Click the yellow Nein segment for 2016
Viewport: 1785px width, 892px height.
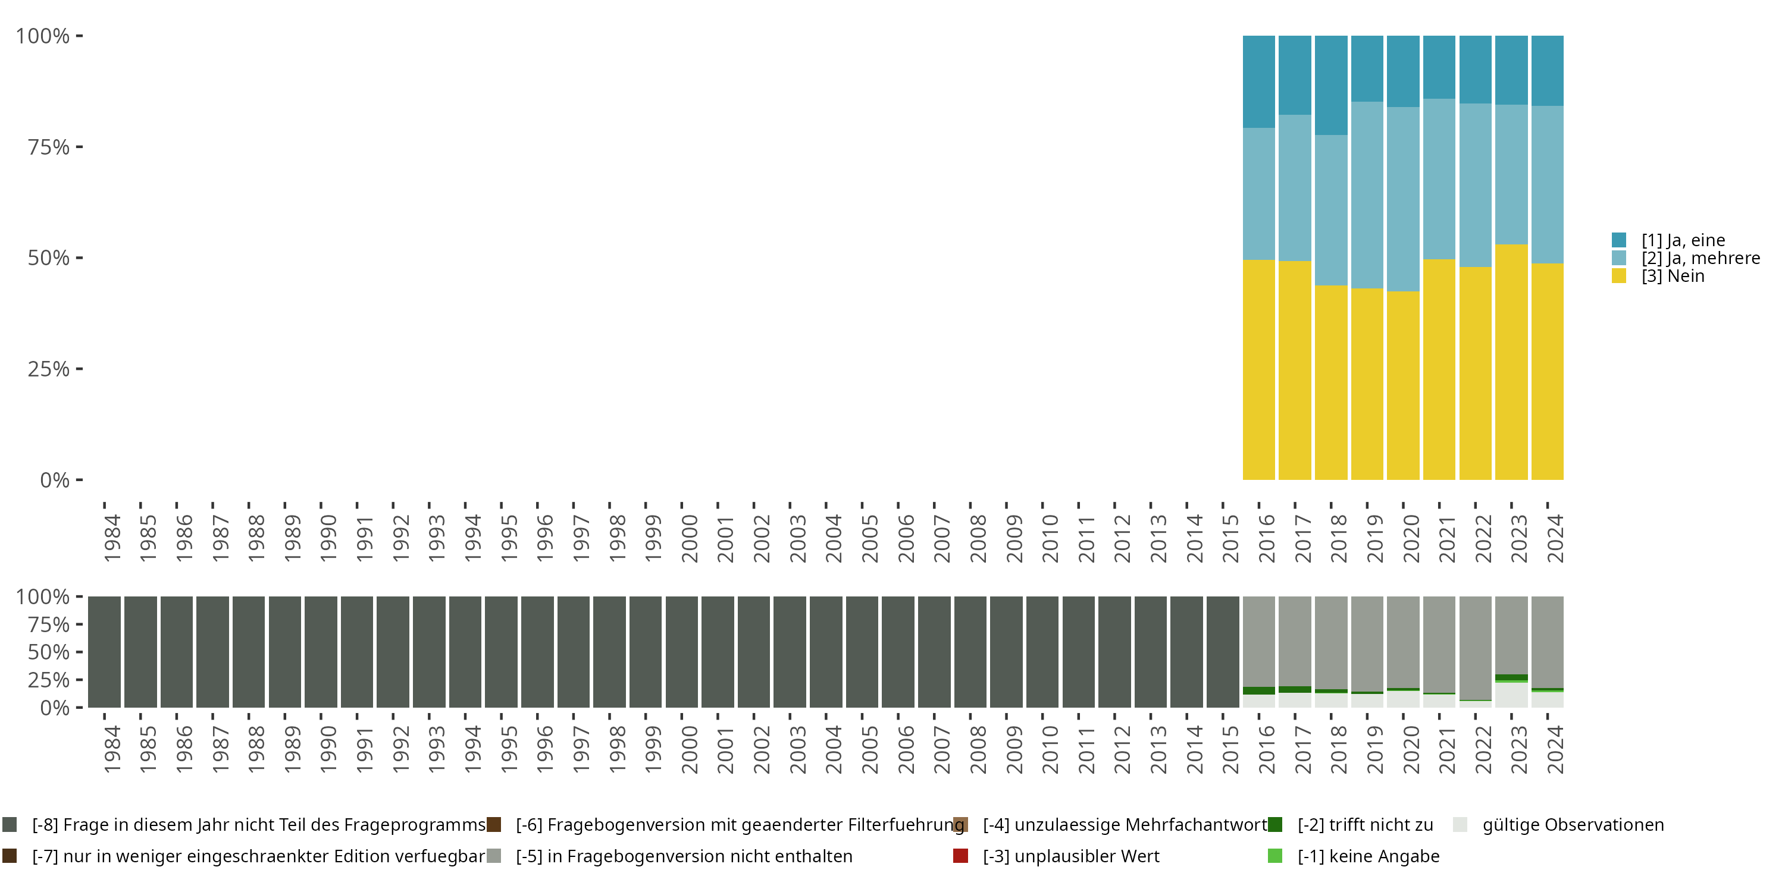coord(1258,370)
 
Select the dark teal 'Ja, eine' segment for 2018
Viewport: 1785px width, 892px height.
coord(1330,85)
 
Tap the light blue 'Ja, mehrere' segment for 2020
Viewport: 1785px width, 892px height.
coord(1403,199)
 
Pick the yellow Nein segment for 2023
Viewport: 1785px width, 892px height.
coord(1511,362)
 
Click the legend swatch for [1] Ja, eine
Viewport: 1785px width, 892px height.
coord(1618,240)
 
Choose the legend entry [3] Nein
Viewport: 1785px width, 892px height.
coord(1672,277)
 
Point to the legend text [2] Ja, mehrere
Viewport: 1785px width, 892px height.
coord(1701,258)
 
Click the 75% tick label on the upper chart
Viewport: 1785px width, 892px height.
coord(49,147)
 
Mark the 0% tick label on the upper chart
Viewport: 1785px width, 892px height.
coord(55,480)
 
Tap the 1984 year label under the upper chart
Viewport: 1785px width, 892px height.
coord(112,538)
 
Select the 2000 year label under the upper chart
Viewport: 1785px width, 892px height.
coord(690,538)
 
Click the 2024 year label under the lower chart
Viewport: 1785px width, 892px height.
coord(1555,749)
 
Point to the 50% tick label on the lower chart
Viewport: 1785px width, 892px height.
coord(49,652)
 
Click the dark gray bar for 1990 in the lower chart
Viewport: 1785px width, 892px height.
coord(321,652)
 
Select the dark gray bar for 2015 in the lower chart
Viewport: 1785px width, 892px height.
coord(1222,652)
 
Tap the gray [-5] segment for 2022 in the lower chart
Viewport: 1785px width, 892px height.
coord(1475,648)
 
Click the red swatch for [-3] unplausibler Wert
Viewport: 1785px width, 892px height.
coord(960,856)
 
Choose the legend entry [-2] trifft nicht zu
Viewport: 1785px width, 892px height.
coord(1364,825)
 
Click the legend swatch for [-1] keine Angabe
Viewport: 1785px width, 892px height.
coord(1275,856)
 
